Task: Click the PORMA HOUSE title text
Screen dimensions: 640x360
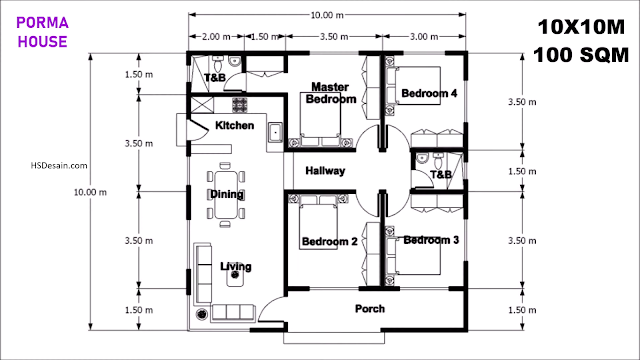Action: tap(42, 32)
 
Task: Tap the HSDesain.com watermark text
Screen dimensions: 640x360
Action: tap(59, 165)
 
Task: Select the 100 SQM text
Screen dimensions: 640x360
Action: tap(581, 55)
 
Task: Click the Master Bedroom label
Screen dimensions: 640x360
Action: tap(331, 93)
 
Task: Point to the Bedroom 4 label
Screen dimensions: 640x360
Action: tap(429, 93)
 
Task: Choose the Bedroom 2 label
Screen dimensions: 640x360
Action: tap(329, 242)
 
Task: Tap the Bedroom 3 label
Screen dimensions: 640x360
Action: tap(431, 240)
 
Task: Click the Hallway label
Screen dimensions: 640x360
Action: tap(325, 171)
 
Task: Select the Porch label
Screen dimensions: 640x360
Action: tap(370, 309)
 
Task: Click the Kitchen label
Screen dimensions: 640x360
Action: tap(235, 125)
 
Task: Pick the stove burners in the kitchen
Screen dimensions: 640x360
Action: tap(240, 105)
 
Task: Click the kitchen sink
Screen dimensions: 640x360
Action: tap(275, 132)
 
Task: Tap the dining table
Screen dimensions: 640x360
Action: tap(226, 195)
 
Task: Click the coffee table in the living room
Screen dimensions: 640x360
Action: tap(235, 276)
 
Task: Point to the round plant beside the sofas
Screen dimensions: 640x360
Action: tap(202, 314)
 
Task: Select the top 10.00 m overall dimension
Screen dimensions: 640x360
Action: tap(327, 15)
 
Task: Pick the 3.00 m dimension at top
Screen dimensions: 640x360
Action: tap(424, 37)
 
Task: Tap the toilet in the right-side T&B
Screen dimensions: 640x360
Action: tap(438, 161)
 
